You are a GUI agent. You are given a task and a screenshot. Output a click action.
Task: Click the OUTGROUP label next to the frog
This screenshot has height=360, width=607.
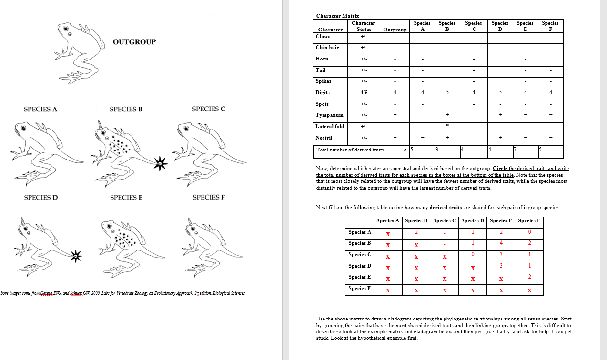(134, 42)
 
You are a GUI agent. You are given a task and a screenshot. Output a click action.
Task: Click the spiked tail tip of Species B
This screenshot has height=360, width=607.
(161, 163)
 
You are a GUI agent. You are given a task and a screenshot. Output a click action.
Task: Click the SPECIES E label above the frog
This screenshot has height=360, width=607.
(126, 198)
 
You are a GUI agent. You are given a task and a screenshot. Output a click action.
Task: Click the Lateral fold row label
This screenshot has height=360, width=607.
(330, 127)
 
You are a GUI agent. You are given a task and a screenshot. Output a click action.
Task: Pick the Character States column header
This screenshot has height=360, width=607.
(364, 26)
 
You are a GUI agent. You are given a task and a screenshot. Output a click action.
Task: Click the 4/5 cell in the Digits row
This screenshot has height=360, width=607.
(364, 93)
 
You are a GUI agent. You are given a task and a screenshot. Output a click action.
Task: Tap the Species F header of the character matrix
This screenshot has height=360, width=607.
(550, 26)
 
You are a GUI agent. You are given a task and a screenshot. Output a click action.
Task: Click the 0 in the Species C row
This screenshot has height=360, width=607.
(472, 255)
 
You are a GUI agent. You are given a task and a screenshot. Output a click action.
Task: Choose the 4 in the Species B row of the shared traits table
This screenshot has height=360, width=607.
(501, 243)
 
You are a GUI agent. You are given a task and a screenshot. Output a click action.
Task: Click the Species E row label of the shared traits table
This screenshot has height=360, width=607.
(359, 277)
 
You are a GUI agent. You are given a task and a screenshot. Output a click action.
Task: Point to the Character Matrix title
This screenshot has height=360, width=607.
(337, 16)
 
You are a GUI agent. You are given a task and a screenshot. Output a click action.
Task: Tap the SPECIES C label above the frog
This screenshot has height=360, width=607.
(209, 109)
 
